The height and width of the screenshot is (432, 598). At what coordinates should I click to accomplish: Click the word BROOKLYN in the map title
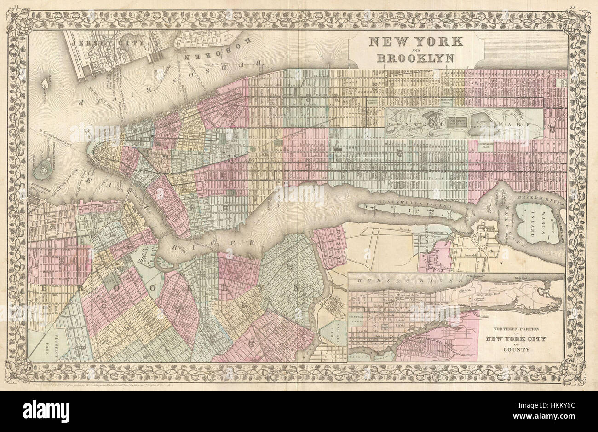415,58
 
